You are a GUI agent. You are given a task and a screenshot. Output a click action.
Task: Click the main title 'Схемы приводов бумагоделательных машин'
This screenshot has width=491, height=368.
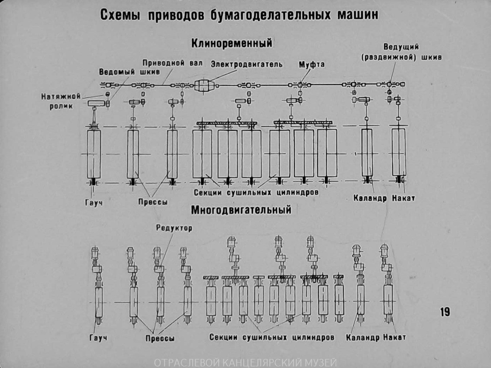[239, 15]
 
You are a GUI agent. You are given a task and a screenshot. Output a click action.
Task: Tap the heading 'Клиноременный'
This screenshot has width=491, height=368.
[232, 43]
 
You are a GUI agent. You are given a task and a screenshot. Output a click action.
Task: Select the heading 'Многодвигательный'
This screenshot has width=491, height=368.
[241, 210]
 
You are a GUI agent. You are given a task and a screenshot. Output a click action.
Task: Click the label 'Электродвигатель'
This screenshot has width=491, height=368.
[246, 64]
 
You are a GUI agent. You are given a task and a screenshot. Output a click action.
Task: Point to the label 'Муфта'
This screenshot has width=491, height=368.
[311, 65]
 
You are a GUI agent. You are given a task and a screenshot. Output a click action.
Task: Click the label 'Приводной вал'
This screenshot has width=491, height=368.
[172, 63]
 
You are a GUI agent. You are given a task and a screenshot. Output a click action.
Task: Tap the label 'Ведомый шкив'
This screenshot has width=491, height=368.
[129, 72]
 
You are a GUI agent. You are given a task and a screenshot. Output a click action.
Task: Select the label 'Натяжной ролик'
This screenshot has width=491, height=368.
[61, 101]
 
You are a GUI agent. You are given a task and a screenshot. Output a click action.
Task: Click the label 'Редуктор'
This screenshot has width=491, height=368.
[174, 228]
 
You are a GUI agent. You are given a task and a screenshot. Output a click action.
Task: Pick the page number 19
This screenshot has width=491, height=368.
[445, 312]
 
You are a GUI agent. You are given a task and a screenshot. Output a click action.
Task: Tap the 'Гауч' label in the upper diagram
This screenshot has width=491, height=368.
[94, 203]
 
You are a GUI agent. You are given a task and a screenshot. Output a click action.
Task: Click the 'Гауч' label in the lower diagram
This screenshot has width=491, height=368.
[98, 338]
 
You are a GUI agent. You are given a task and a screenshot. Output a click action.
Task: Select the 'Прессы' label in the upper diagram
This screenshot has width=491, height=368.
[153, 202]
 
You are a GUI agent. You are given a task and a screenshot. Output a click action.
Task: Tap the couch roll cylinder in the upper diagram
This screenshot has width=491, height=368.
[94, 154]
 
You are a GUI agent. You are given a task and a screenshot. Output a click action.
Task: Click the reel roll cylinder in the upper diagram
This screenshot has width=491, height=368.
[399, 152]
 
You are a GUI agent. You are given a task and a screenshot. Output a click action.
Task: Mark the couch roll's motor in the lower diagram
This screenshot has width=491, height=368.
[95, 253]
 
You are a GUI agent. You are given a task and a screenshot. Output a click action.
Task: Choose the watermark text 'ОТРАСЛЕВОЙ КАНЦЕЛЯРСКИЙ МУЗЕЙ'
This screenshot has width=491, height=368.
[245, 362]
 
